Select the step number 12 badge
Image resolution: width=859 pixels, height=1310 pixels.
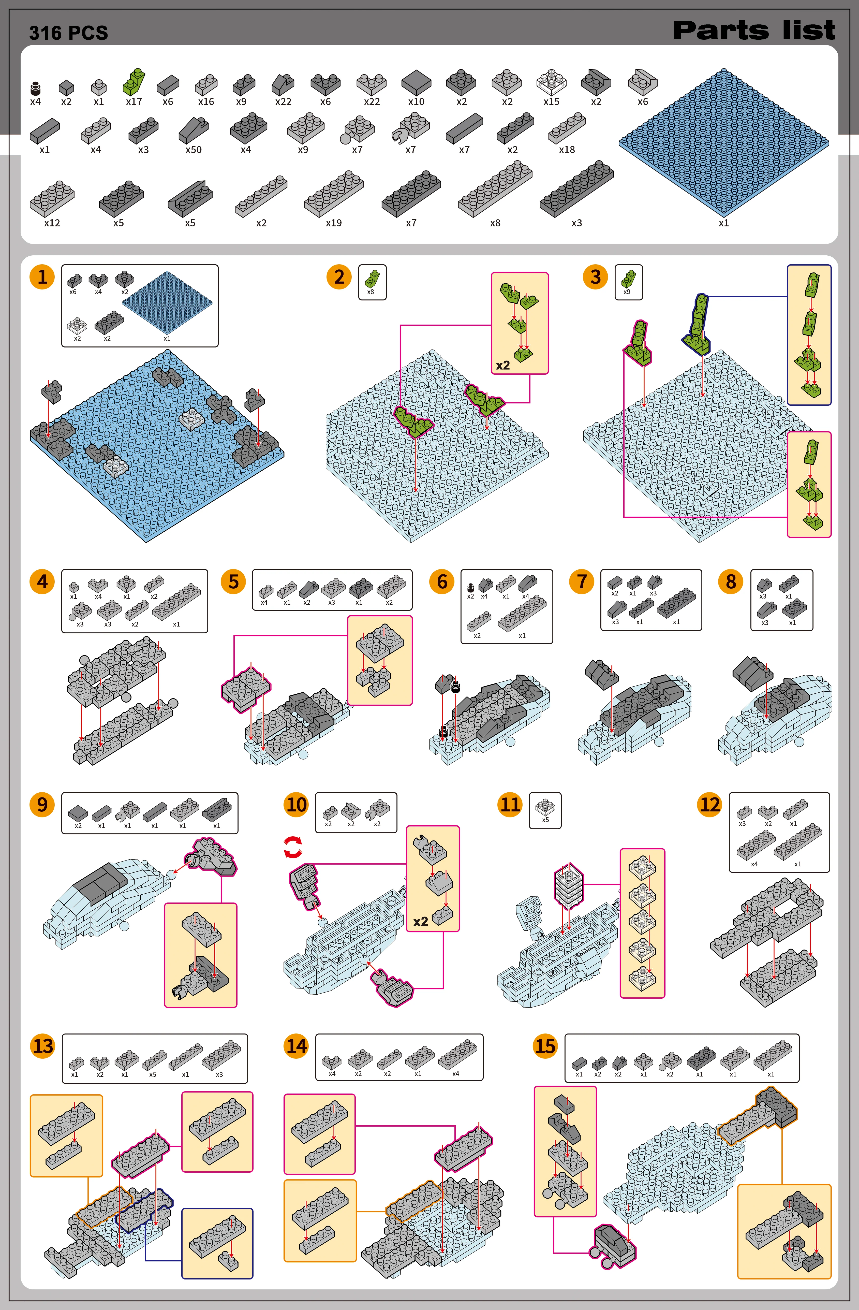click(709, 805)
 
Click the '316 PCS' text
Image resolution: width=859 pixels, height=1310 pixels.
click(69, 33)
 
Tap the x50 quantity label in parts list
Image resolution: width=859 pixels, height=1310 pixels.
click(193, 150)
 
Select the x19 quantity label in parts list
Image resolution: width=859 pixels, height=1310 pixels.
click(333, 223)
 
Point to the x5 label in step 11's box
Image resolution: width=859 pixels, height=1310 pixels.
click(545, 820)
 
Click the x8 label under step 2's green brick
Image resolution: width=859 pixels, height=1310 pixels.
click(370, 292)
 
